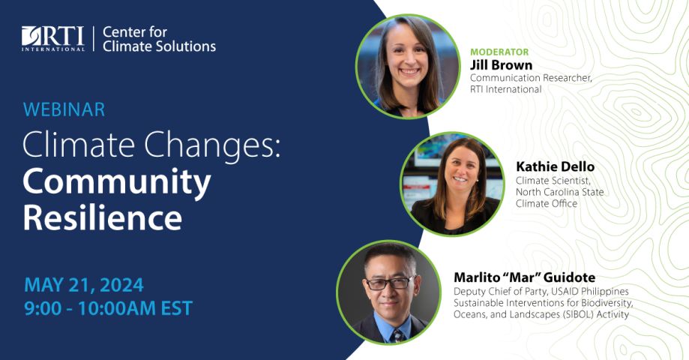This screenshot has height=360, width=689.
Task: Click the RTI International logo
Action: coord(53,39)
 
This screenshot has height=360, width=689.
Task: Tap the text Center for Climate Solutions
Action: coord(158,39)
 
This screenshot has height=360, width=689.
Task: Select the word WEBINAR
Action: coord(64,109)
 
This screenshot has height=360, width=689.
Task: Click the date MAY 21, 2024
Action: coord(83,285)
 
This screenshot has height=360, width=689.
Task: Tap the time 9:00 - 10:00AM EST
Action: coord(108,308)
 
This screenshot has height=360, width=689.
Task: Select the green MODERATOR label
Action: coord(499,52)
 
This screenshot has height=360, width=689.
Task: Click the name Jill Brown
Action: coord(501,65)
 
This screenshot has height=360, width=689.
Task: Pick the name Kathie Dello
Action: coord(555,166)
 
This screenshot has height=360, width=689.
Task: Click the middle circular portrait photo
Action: coord(452,184)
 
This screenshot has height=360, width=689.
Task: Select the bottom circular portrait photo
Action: coord(388,292)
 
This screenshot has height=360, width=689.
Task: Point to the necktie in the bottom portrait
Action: coord(395,334)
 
